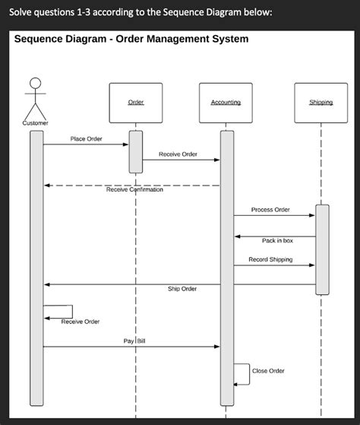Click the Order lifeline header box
(136, 103)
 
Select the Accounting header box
(226, 103)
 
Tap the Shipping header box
(321, 103)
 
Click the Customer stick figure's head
(36, 83)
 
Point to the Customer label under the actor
(35, 123)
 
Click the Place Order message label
(86, 139)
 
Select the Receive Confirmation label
(134, 189)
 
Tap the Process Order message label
(270, 210)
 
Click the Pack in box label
(277, 240)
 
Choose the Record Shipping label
(270, 259)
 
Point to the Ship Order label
(182, 289)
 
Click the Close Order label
(268, 371)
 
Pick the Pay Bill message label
(134, 341)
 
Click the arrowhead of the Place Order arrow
(125, 144)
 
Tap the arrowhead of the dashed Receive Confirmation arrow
(47, 186)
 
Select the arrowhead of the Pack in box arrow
(238, 236)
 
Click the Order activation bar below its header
(136, 152)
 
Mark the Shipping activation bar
(322, 249)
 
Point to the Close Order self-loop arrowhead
(235, 385)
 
